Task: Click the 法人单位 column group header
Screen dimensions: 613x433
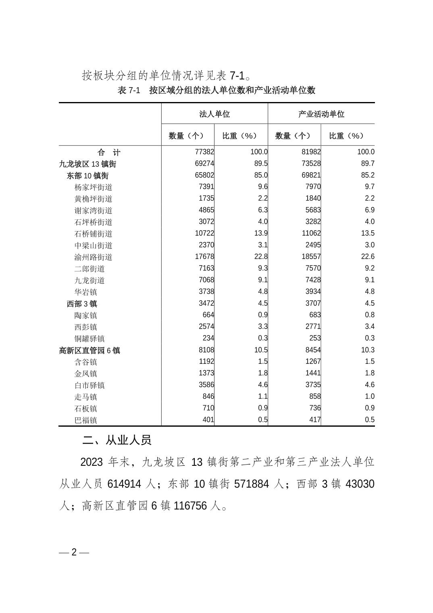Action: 214,114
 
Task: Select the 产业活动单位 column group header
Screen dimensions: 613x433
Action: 321,114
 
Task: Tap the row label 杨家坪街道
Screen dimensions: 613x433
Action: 94,188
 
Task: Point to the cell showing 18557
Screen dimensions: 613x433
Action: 311,256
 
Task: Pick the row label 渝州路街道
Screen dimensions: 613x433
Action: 94,257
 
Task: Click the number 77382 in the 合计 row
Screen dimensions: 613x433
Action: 204,152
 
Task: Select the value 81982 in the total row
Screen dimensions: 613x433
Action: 311,152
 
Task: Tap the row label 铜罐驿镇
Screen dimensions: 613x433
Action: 90,339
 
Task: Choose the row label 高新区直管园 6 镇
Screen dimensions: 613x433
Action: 90,350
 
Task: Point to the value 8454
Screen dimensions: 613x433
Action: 313,350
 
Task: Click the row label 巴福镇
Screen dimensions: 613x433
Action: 86,420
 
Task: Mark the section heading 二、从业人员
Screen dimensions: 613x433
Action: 117,440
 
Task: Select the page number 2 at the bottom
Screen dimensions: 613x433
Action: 74,552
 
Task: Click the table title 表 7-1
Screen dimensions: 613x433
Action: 129,90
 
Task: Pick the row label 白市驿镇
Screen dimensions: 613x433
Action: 90,386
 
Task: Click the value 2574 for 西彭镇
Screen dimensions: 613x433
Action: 206,326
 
